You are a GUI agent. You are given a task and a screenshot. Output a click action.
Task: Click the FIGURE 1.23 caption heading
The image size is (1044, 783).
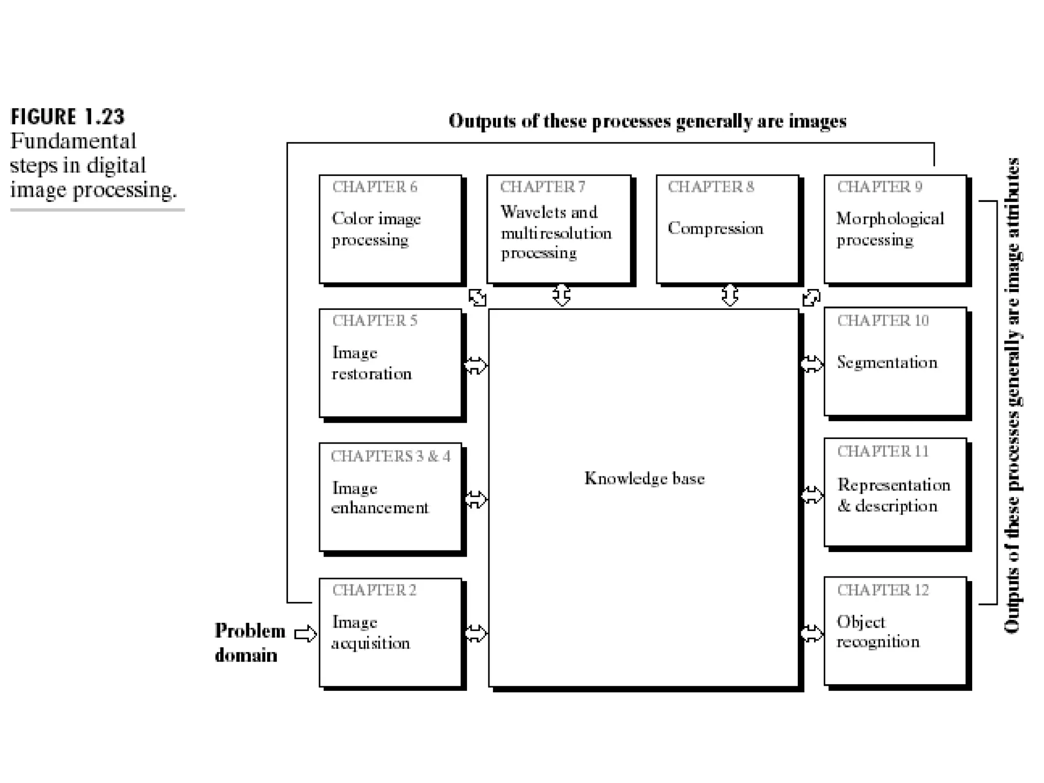[x=67, y=117]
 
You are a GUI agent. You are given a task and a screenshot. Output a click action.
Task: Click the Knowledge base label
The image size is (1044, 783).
[x=644, y=478]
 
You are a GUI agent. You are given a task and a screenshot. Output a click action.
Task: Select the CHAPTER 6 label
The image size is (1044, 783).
[x=375, y=187]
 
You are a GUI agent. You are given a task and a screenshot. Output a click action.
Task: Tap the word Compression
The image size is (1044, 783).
[x=715, y=228]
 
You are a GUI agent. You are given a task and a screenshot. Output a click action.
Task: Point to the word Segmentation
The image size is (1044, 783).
[x=887, y=362]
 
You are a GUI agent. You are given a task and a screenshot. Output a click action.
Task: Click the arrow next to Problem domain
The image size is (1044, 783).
[x=305, y=634]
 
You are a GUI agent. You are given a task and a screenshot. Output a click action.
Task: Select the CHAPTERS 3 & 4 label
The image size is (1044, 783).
[x=390, y=456]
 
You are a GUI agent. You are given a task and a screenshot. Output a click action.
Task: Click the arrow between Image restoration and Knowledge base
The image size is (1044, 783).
[x=476, y=365]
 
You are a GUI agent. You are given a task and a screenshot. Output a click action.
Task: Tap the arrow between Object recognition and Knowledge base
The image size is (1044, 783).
[x=812, y=634]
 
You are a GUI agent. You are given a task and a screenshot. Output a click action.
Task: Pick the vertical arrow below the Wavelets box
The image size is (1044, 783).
[x=561, y=295]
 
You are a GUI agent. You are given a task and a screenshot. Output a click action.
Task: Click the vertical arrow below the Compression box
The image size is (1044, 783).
[x=729, y=295]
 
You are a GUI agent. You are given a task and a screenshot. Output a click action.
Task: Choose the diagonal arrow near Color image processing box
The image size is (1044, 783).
[x=477, y=297]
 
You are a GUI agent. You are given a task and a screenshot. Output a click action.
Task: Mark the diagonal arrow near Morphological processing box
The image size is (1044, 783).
[x=811, y=298]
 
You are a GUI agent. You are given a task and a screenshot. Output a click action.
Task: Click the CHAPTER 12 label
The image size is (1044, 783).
[x=883, y=590]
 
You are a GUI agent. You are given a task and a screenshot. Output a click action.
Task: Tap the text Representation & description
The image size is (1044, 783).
[x=893, y=495]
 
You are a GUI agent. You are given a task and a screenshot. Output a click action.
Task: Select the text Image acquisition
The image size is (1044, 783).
[x=371, y=632]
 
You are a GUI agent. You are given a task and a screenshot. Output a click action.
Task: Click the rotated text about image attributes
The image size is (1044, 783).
[x=1012, y=396]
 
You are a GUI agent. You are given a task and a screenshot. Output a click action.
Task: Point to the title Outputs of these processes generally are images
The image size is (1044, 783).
[x=647, y=121]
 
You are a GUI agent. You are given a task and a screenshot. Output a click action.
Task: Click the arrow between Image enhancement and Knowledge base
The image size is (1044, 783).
[x=476, y=499]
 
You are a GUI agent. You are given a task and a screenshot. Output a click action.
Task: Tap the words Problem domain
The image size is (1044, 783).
[x=250, y=643]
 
